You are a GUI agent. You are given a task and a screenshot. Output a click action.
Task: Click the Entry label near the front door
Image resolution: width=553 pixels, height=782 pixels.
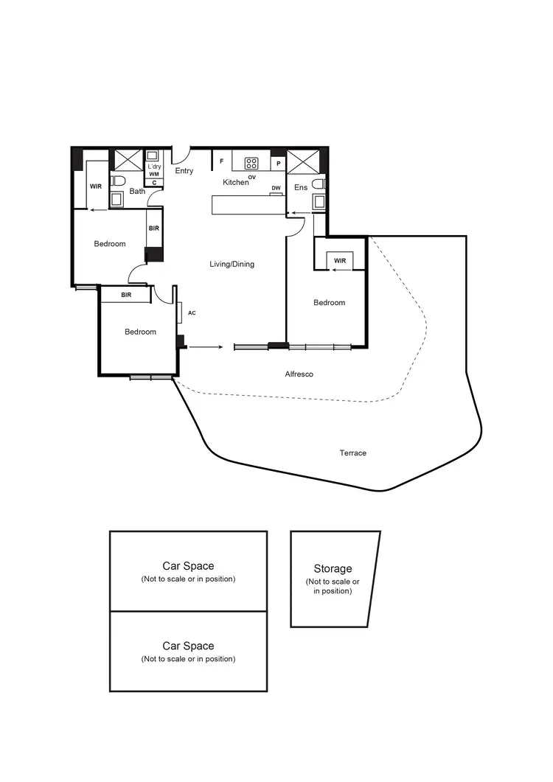tap(184, 171)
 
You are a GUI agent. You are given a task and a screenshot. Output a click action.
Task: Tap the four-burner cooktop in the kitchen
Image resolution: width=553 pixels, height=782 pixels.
tap(251, 163)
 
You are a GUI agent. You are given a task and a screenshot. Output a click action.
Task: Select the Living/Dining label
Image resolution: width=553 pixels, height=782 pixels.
tap(232, 264)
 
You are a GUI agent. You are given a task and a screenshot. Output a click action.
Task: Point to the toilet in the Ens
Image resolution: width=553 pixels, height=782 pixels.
tap(319, 184)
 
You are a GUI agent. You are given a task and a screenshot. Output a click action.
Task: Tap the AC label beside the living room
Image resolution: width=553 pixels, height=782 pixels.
tap(192, 313)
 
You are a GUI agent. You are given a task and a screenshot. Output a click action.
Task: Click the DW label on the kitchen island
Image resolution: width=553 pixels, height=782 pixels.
tap(276, 189)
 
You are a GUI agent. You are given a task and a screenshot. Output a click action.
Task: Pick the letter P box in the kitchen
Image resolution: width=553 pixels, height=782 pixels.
tap(279, 163)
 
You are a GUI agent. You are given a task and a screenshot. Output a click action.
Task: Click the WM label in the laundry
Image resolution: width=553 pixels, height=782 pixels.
tap(153, 174)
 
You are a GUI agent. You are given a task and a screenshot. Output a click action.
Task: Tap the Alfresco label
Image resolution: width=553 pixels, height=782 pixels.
tap(299, 374)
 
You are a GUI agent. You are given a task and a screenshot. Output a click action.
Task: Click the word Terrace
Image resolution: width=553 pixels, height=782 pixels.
tap(353, 453)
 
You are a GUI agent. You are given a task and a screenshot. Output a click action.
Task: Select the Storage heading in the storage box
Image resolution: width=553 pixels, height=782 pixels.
tap(333, 568)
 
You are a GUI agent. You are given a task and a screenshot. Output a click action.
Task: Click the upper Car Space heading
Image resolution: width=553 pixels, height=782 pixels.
tap(188, 566)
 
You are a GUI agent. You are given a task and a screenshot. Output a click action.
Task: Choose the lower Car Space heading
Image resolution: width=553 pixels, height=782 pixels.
tap(188, 646)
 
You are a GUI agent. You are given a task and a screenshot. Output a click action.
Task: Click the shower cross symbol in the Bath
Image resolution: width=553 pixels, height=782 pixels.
tap(122, 159)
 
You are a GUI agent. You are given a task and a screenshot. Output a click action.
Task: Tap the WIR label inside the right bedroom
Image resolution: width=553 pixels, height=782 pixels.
tap(339, 261)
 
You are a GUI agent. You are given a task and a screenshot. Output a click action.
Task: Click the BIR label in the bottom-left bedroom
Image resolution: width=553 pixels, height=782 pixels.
tap(126, 295)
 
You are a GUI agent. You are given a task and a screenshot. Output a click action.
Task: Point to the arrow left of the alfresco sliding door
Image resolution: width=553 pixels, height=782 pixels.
tap(206, 346)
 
